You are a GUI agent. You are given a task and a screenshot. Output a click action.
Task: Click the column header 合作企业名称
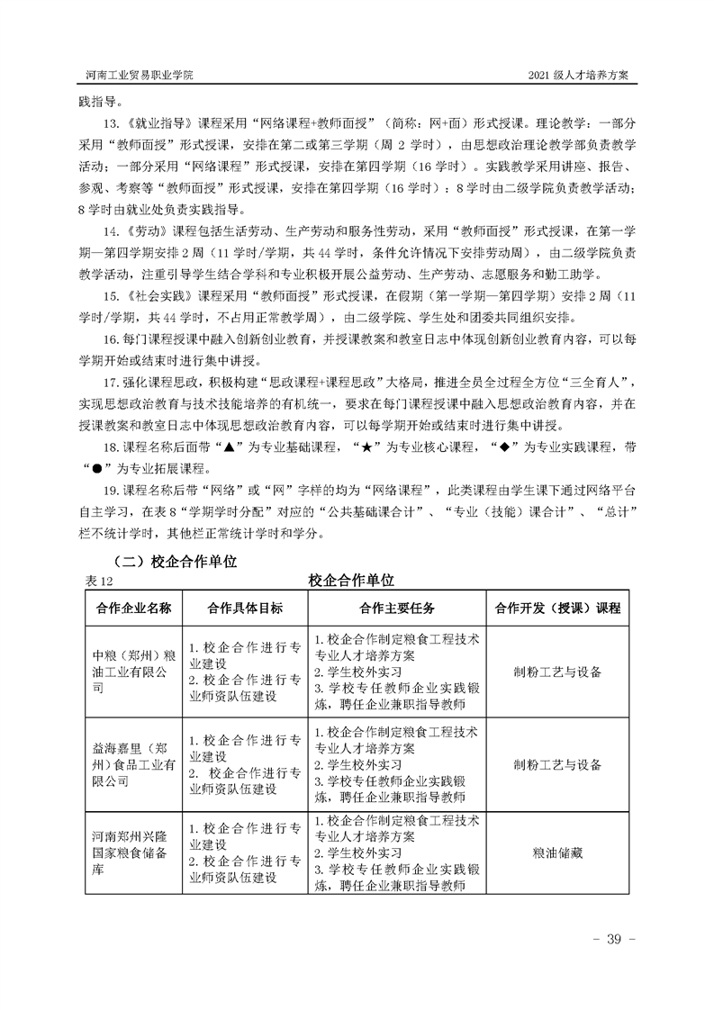(x=133, y=608)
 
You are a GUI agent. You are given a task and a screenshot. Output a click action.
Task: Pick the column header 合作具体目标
(x=244, y=608)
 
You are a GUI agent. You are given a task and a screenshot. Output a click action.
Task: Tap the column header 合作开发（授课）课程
(x=557, y=608)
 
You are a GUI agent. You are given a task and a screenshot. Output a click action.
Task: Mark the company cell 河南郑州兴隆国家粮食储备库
(x=133, y=852)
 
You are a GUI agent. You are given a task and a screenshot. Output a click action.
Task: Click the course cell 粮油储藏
(x=557, y=852)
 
